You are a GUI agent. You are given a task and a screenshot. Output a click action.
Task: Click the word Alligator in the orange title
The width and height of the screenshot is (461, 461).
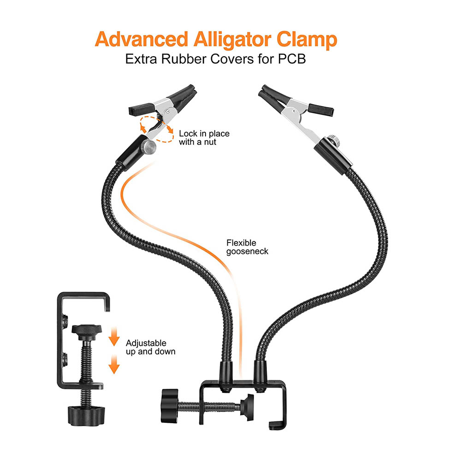pos(232,40)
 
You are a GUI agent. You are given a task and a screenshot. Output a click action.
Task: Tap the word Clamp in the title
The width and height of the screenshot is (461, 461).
pos(307,40)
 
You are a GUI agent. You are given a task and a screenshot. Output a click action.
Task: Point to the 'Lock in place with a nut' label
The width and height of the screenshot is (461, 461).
pos(204,137)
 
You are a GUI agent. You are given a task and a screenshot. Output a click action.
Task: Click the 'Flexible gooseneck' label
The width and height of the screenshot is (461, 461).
pos(247,247)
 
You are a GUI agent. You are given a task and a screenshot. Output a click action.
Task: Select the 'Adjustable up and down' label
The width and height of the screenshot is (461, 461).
pos(151,347)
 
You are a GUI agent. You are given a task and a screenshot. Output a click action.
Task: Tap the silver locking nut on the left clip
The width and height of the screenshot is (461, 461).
pos(150,146)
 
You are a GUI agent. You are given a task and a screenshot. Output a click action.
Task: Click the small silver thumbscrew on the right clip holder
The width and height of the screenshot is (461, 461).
pos(334,139)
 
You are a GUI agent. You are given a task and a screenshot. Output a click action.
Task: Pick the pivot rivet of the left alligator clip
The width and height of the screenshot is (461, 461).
pos(168,112)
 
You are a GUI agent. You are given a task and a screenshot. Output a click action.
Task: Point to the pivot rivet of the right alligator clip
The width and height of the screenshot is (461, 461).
pos(294,111)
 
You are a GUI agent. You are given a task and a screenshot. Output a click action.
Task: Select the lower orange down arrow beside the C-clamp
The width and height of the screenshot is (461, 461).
pos(114,364)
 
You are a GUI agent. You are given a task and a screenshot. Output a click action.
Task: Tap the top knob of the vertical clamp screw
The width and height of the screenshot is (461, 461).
pos(87,332)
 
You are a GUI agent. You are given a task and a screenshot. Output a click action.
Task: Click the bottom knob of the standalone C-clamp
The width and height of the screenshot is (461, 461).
pos(87,415)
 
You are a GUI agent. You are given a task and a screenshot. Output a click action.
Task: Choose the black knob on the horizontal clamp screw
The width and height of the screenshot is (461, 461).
pos(170,406)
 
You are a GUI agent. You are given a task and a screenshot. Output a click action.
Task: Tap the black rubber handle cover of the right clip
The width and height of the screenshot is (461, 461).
pos(321,109)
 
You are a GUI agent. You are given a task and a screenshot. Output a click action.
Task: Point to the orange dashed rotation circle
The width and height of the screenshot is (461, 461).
pos(156,130)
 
